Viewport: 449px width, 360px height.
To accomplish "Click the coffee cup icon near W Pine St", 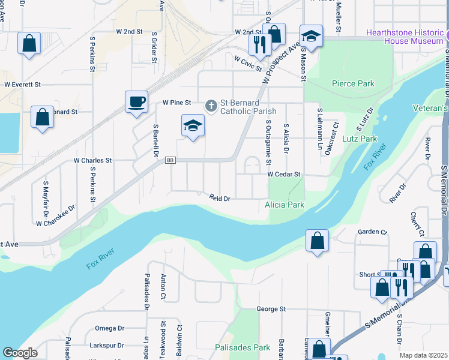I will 136,101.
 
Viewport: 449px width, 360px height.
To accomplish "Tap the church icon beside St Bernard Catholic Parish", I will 211,106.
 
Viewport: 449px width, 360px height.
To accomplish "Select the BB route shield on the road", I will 170,160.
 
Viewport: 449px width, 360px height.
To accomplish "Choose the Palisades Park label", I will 243,347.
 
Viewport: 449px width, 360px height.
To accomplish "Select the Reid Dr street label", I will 220,197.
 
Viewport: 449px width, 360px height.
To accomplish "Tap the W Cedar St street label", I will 283,174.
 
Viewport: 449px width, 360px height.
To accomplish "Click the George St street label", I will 271,309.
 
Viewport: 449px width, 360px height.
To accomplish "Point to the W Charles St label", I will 92,161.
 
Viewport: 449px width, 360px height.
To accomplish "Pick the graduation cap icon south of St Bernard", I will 193,125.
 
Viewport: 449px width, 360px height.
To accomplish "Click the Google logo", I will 20,353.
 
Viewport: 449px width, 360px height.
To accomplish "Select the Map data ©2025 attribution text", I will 423,355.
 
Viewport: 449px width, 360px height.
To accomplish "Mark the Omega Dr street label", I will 109,328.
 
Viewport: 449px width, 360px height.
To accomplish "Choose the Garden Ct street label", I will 373,232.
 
